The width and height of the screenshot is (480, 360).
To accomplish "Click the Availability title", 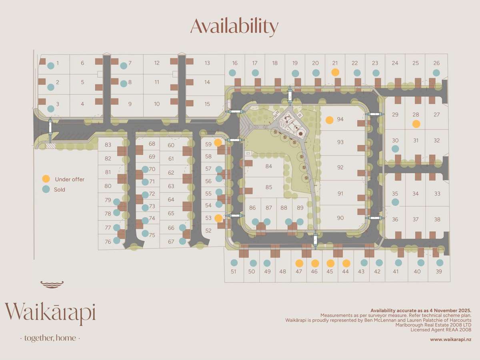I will [234, 26].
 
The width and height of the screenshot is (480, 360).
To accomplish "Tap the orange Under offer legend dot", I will [46, 179].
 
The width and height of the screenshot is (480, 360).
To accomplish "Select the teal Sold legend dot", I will [46, 190].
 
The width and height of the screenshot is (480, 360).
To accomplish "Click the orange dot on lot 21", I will [335, 72].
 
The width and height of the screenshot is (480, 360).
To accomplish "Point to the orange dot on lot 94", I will [330, 120].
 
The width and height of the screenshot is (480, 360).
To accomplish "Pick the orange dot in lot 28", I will [416, 124].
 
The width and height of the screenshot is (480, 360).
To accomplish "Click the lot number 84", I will [268, 166].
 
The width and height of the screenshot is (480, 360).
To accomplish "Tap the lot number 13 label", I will [207, 63].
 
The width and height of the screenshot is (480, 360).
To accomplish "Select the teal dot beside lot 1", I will [51, 66].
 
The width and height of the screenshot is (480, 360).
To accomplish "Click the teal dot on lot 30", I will [395, 149].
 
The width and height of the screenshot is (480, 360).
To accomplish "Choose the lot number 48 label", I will [283, 272].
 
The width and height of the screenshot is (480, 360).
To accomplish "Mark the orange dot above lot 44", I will [346, 263].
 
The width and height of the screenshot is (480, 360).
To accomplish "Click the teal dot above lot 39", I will [440, 263].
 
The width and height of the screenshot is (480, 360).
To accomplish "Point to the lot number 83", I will [108, 144].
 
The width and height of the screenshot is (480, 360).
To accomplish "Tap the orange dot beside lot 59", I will [218, 142].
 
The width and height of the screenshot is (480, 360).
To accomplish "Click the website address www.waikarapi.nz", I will [450, 339].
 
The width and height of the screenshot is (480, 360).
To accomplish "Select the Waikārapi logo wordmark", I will [50, 312].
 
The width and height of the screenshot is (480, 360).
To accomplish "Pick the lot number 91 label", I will [340, 194].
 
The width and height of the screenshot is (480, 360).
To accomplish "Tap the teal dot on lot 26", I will [436, 72].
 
